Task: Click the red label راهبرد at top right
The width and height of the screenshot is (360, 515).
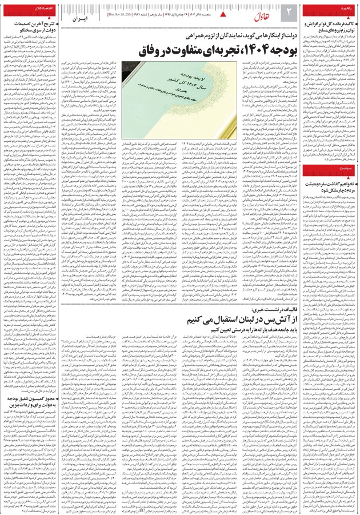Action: click(345, 11)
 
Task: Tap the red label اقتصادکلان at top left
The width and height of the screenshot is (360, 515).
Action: click(17, 11)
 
